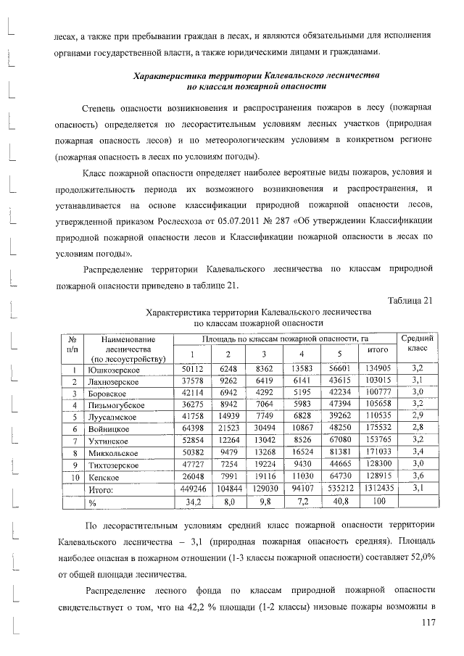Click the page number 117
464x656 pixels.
point(423,622)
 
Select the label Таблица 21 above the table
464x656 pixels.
point(411,301)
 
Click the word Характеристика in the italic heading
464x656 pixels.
point(169,75)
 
